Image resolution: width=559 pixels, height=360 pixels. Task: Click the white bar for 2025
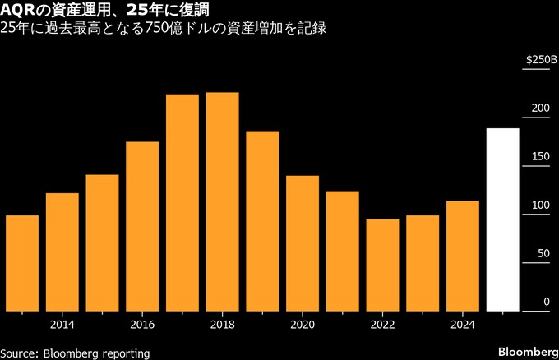point(502,219)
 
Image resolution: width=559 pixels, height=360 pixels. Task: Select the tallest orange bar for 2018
point(222,201)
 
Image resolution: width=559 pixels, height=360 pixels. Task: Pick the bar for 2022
point(382,265)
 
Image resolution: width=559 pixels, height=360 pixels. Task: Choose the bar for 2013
point(22,263)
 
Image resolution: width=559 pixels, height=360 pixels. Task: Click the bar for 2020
point(303,243)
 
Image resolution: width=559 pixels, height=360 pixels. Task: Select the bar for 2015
point(102,242)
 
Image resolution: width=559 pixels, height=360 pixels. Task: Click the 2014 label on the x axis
point(62,324)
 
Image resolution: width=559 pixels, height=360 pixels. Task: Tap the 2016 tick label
point(142,324)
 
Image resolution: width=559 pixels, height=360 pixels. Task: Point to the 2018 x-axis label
point(222,324)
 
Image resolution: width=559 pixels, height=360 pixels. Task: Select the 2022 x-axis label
point(382,324)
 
